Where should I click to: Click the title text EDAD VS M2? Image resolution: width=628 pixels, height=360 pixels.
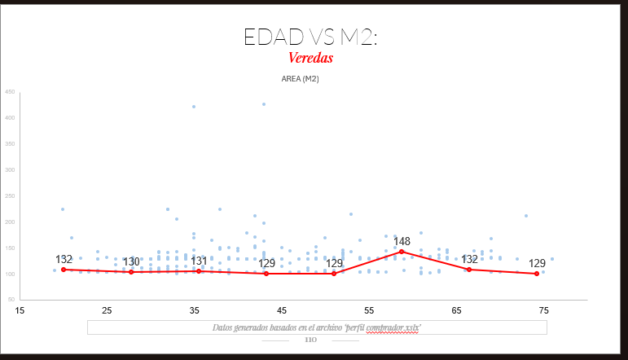tap(310, 37)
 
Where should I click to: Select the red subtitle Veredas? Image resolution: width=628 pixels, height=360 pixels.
tap(310, 59)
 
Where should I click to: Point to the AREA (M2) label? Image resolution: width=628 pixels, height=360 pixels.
tap(300, 79)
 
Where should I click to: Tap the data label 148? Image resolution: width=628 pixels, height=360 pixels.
tap(402, 242)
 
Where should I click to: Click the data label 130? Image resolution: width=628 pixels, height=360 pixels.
tap(131, 261)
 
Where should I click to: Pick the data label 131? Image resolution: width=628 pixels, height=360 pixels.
tap(199, 261)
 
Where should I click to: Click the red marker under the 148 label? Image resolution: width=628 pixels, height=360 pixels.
tap(402, 252)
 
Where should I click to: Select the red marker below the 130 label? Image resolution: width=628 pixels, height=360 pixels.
tap(131, 272)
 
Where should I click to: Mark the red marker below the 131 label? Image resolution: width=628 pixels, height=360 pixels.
tap(199, 271)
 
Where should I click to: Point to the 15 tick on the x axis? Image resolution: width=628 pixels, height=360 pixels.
tap(20, 310)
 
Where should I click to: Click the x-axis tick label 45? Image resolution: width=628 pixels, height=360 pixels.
tap(282, 310)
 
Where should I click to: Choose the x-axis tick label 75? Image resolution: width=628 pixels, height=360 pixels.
tap(544, 310)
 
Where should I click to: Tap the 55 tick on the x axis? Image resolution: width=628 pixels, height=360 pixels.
tap(369, 310)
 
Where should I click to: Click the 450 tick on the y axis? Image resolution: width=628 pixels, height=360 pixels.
tap(10, 92)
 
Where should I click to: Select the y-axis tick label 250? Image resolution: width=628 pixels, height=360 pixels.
tap(10, 196)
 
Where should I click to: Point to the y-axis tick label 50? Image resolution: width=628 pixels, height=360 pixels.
tap(11, 300)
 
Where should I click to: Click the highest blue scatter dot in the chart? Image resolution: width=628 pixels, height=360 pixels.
tap(264, 104)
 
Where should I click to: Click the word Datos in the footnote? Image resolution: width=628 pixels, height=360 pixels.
tap(222, 327)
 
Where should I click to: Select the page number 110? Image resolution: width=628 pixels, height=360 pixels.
tap(310, 340)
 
